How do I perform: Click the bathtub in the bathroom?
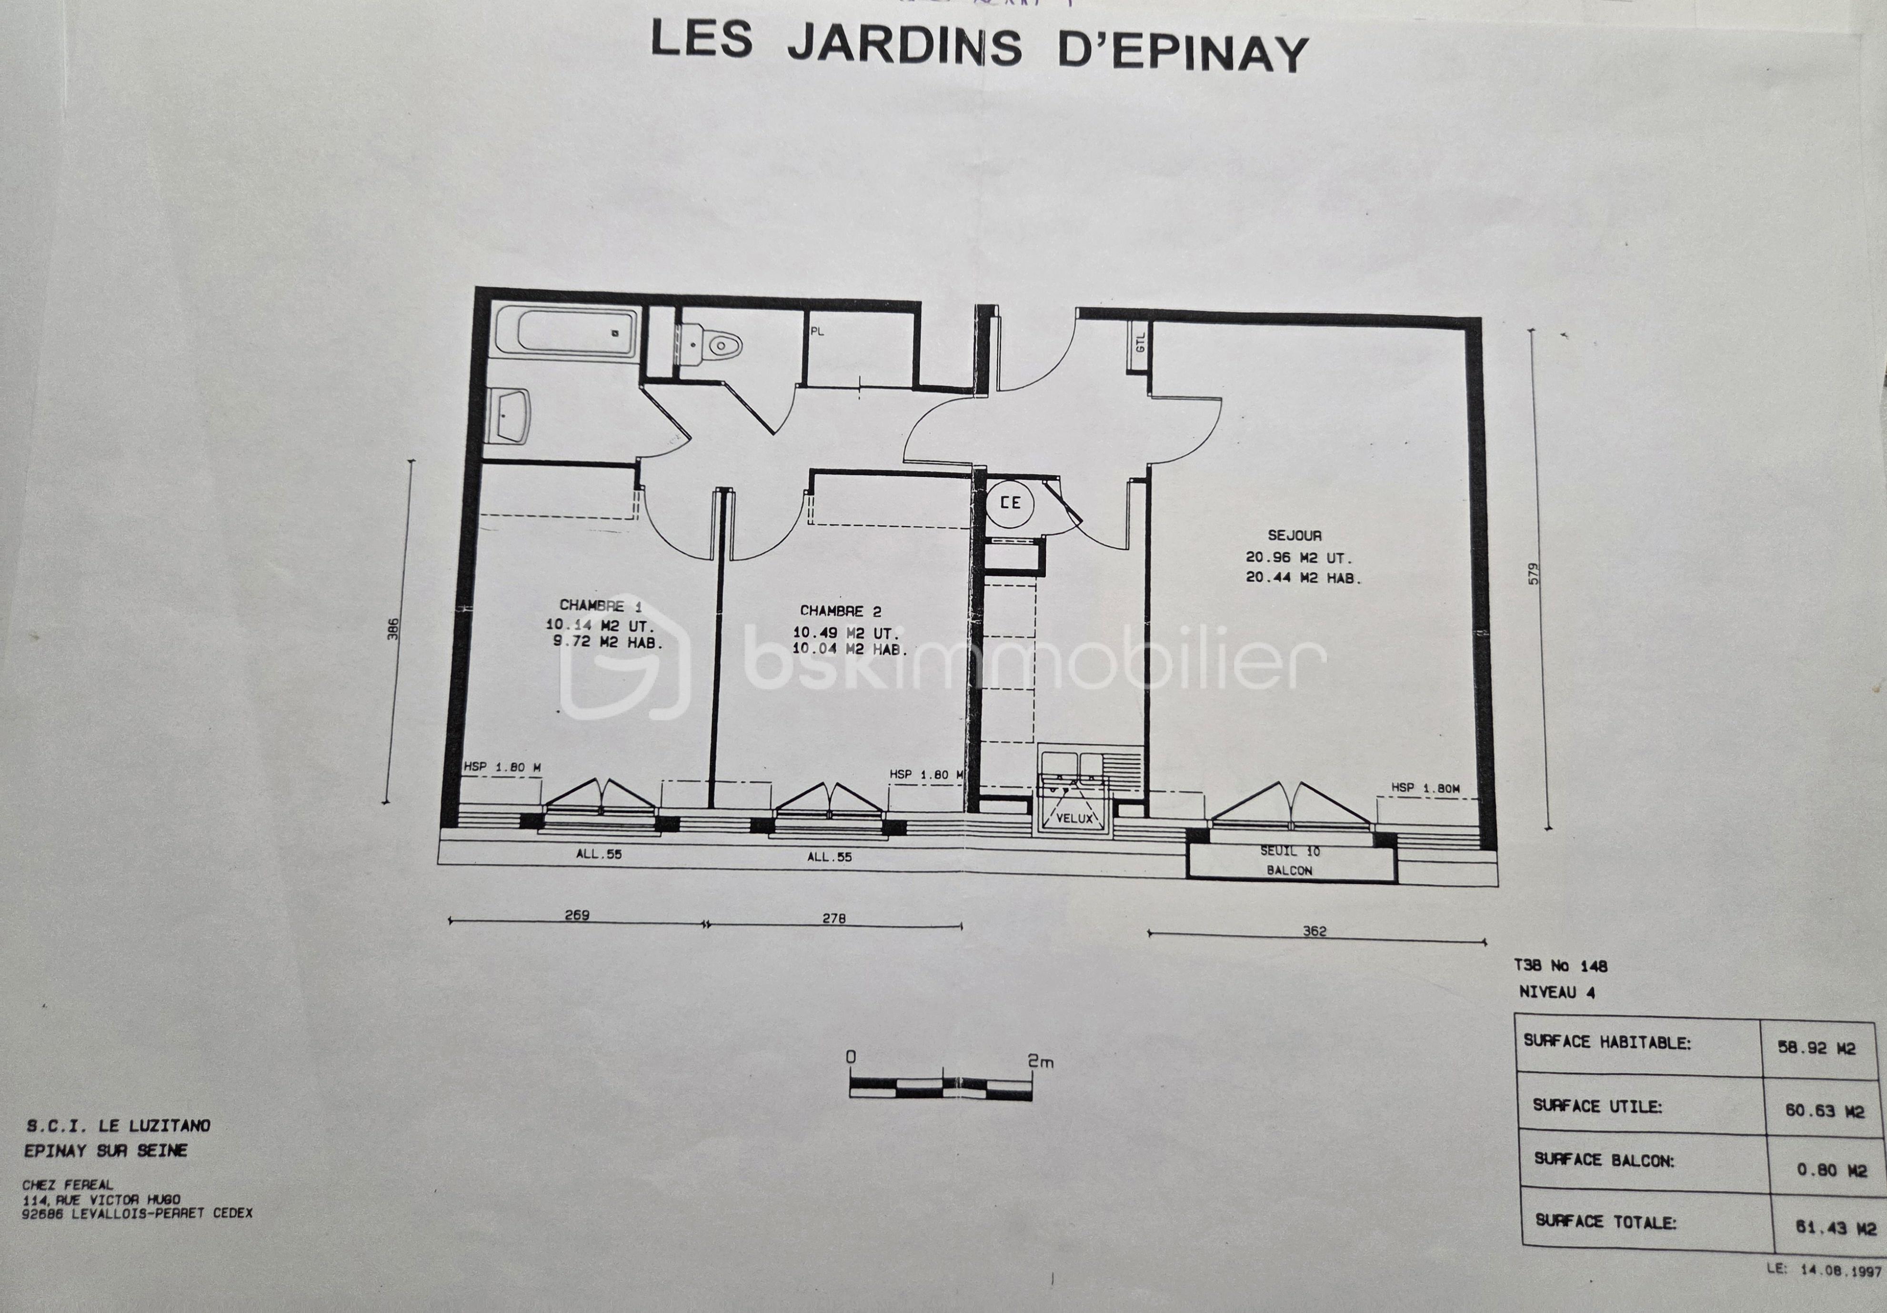pos(575,333)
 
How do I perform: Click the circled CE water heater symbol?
pos(1010,502)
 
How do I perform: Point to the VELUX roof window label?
pos(1074,818)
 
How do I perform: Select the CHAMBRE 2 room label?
pos(840,611)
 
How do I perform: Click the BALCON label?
pos(1289,870)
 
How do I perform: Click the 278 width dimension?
pos(833,918)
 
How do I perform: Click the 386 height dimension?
pos(394,631)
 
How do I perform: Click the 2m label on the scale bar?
pos(1040,1061)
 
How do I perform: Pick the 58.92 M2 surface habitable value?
pos(1817,1048)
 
